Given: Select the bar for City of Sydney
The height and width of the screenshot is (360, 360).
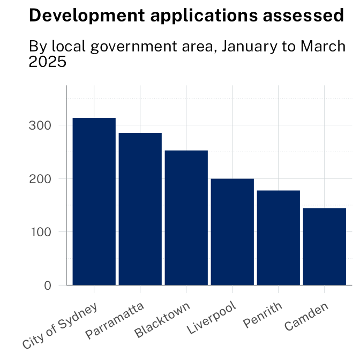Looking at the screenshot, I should pyautogui.click(x=94, y=201).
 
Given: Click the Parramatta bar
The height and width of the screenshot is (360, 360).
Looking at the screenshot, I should pyautogui.click(x=140, y=209).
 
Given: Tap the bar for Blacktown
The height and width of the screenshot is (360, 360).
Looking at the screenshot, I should pyautogui.click(x=186, y=218).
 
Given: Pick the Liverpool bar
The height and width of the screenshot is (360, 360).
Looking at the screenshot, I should pyautogui.click(x=232, y=232).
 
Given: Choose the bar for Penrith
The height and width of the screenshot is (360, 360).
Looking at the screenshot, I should pyautogui.click(x=279, y=238).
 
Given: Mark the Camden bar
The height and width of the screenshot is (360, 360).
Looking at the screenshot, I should pyautogui.click(x=325, y=246).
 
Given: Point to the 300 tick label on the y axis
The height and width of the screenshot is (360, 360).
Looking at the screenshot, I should pyautogui.click(x=41, y=125).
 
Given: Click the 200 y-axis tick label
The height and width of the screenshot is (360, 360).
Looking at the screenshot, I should pyautogui.click(x=41, y=178).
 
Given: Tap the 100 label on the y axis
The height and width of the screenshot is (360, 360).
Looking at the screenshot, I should pyautogui.click(x=41, y=232).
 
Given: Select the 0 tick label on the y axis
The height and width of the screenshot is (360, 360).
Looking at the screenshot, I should pyautogui.click(x=48, y=286).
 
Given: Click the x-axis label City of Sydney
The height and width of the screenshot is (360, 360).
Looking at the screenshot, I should pyautogui.click(x=61, y=326).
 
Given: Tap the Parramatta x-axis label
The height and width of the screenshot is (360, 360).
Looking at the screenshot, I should pyautogui.click(x=115, y=321).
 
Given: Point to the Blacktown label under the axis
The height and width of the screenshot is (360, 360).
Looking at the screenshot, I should pyautogui.click(x=163, y=320).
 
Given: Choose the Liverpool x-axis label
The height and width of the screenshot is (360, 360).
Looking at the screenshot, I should pyautogui.click(x=212, y=319).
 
